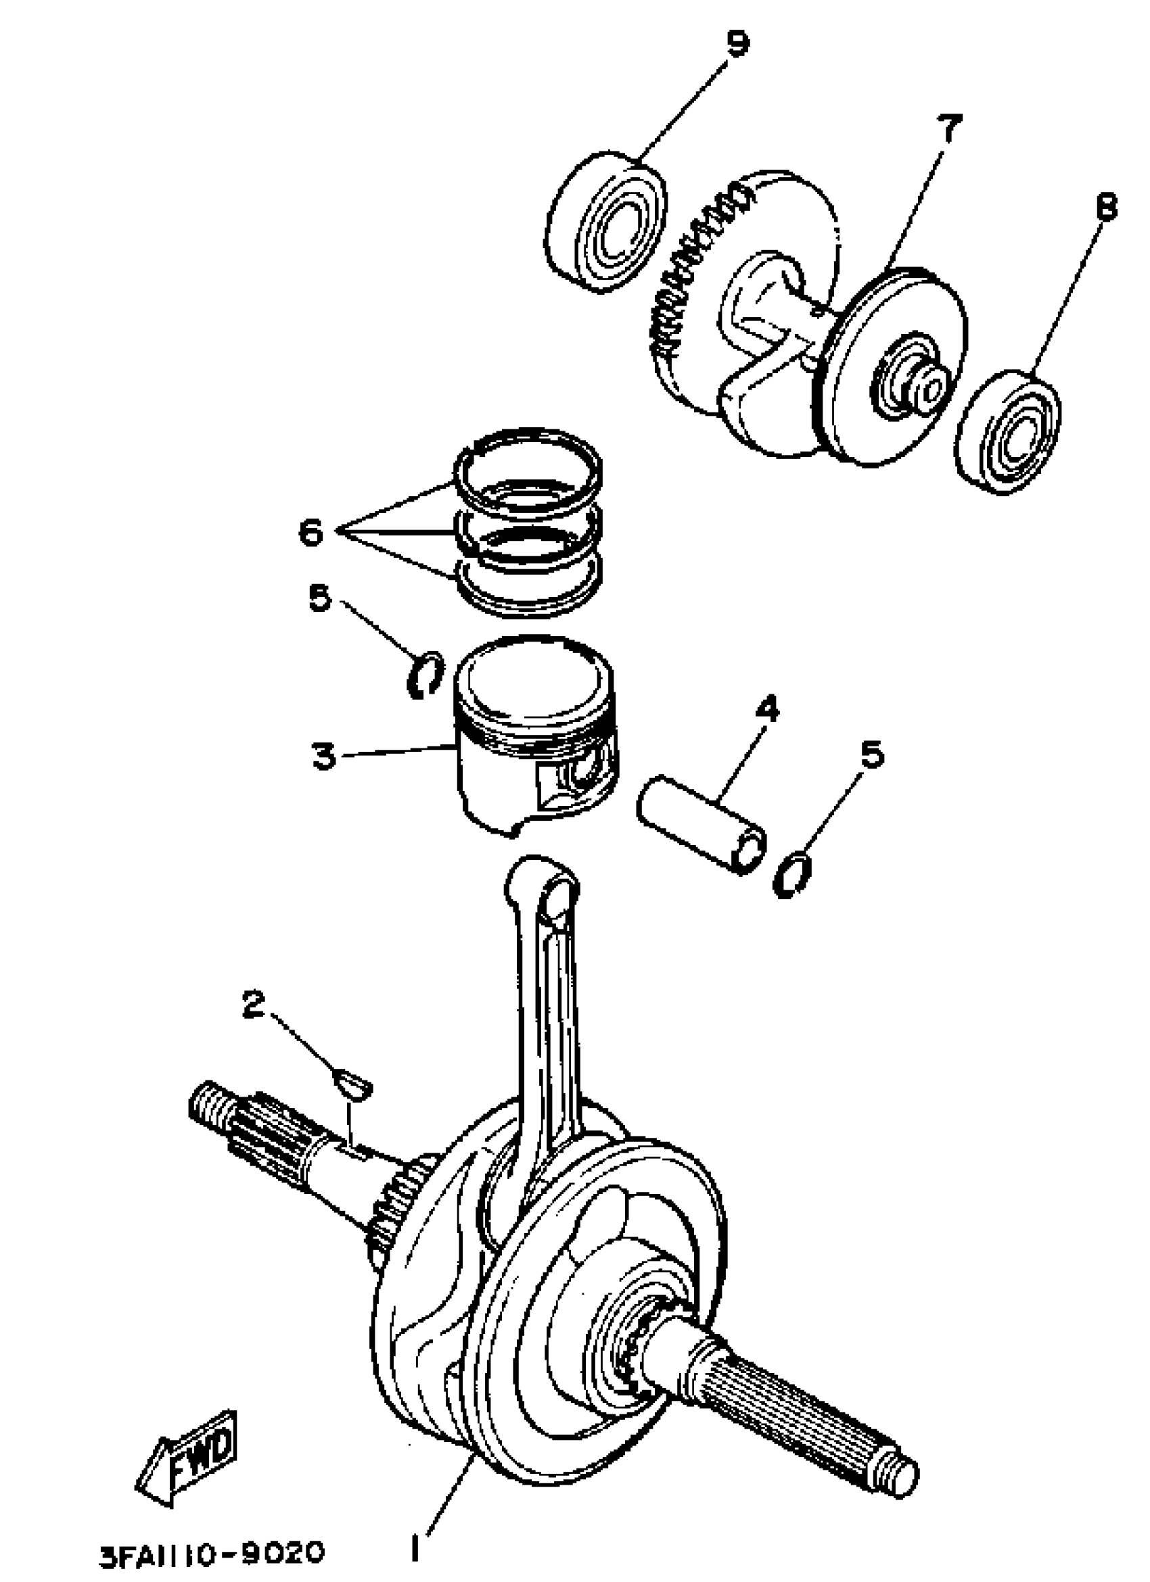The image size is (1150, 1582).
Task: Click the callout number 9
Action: [x=737, y=43]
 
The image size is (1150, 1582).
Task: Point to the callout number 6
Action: [x=310, y=533]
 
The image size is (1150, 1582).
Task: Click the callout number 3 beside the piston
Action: [x=323, y=755]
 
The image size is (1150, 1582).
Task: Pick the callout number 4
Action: [x=766, y=710]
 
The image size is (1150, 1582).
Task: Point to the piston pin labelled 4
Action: [x=701, y=823]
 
